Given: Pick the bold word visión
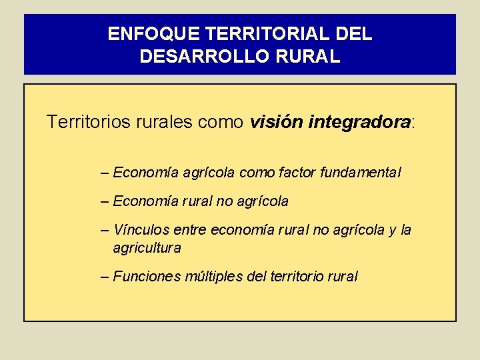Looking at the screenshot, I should [276, 123].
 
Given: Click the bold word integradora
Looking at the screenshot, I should [359, 123].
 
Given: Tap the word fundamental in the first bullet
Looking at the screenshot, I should [361, 173].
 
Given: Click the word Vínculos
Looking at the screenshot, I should [141, 230].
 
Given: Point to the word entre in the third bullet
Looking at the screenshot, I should [189, 230].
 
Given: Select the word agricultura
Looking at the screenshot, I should [147, 248].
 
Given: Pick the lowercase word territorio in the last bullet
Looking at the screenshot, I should [296, 276].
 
